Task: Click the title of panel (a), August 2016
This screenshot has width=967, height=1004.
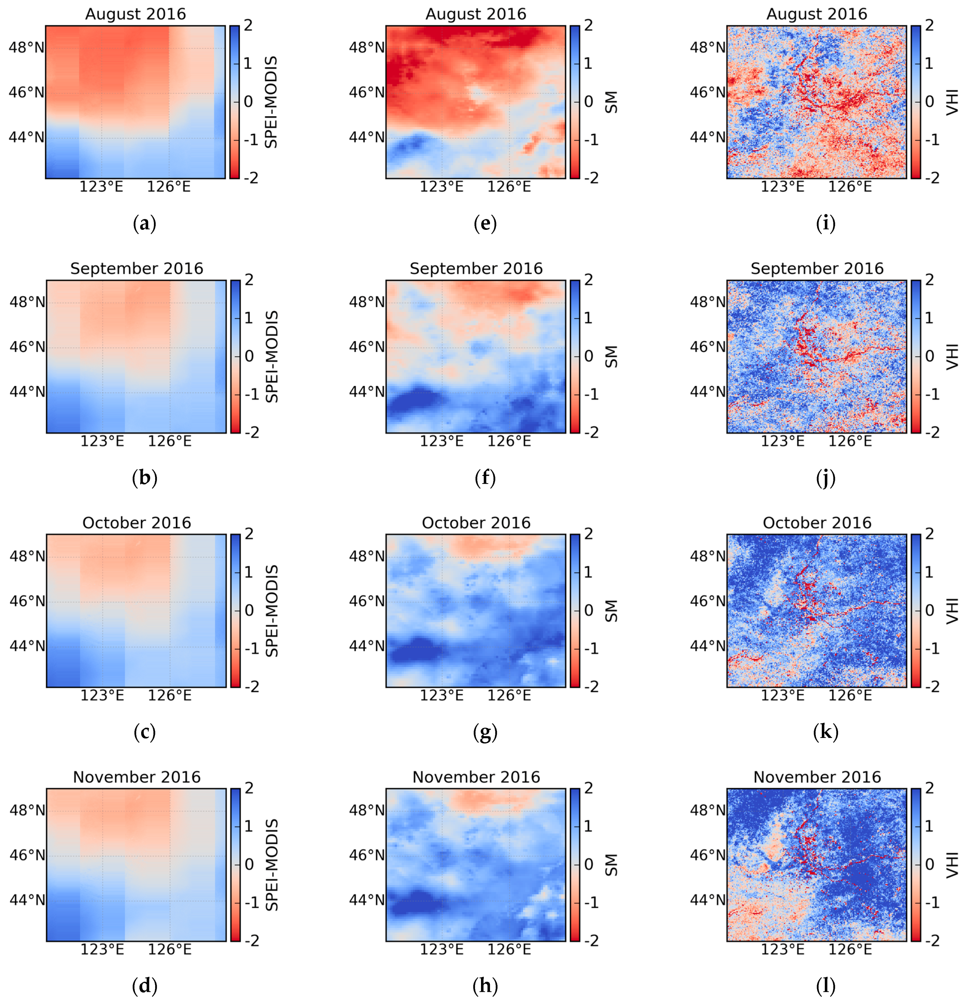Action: [x=135, y=14]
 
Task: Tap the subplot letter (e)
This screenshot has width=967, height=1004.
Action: [x=485, y=224]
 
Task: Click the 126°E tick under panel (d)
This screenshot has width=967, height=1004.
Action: [x=170, y=949]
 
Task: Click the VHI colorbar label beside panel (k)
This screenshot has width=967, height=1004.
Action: [x=952, y=610]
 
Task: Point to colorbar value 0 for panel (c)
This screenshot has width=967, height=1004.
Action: [x=249, y=610]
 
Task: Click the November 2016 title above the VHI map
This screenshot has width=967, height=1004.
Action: [x=817, y=777]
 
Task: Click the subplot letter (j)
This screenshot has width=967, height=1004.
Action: [x=826, y=478]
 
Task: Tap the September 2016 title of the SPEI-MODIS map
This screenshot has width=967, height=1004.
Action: [x=136, y=269]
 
